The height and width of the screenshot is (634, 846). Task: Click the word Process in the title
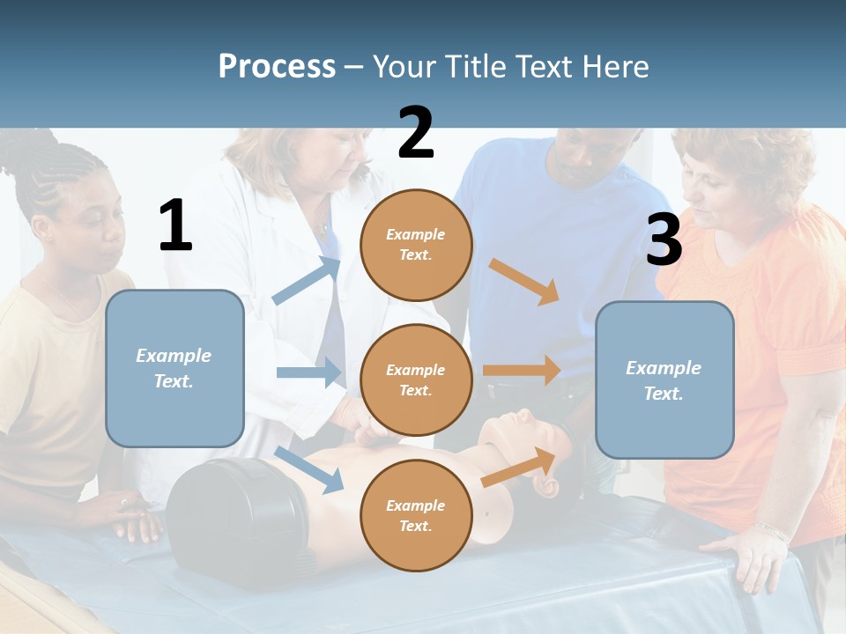(x=277, y=67)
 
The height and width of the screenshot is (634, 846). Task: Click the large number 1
(x=175, y=225)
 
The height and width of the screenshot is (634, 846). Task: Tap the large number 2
(x=416, y=133)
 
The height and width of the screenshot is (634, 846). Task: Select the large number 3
(x=664, y=240)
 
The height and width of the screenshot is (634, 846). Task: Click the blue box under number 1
(x=174, y=368)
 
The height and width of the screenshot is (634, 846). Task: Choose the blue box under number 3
(x=664, y=380)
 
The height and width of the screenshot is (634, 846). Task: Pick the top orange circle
(x=416, y=245)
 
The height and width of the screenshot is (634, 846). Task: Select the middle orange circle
(x=416, y=380)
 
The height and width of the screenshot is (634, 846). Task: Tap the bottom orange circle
(x=416, y=515)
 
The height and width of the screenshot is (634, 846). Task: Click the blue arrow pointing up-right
(x=307, y=280)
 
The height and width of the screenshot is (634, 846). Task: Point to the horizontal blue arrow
(x=308, y=372)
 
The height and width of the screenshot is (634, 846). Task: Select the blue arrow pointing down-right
(x=308, y=469)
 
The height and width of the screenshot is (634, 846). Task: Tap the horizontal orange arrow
(x=522, y=371)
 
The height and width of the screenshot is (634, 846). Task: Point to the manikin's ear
(x=549, y=488)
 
